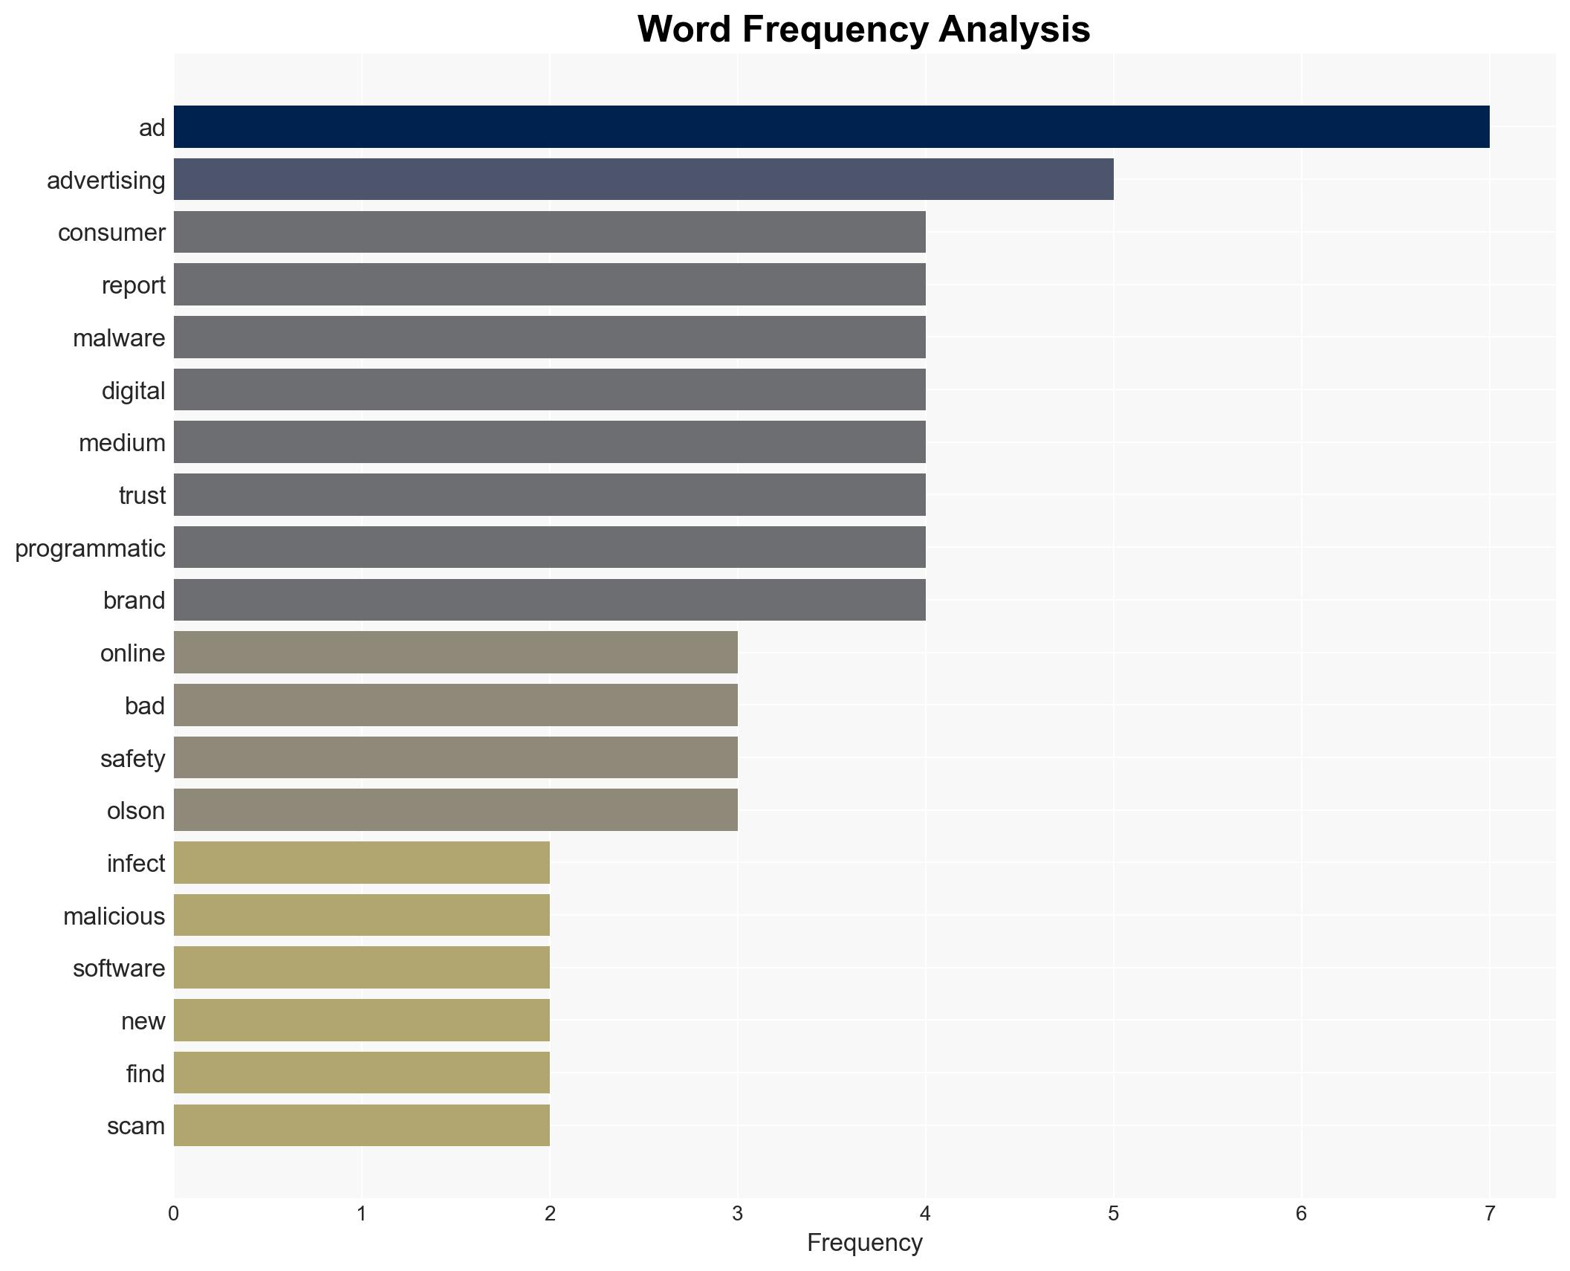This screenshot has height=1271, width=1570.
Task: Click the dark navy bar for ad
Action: coord(831,126)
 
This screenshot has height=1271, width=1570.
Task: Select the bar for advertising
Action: coord(643,179)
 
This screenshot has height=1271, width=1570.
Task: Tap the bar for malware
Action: coord(549,337)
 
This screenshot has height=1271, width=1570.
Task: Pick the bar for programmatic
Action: coord(549,547)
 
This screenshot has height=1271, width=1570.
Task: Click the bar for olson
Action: coord(455,809)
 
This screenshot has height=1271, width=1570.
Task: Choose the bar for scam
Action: coord(361,1125)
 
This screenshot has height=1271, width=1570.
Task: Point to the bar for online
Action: coord(455,652)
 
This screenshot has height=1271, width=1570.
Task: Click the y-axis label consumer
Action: coord(111,233)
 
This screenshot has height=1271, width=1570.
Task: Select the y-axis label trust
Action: coord(142,495)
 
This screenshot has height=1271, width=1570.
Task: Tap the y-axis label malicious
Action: coord(114,916)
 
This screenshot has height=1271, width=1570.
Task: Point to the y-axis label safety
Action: coord(132,758)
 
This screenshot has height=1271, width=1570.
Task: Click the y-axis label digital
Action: coord(133,390)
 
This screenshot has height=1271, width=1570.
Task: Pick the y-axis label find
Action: coord(145,1073)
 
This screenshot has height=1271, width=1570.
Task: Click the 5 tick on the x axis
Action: coord(1113,1214)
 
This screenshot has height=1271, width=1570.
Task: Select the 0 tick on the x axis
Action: coord(173,1214)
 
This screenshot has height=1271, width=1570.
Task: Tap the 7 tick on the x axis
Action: coord(1489,1214)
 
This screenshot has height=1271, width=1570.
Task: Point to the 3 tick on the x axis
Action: coord(737,1214)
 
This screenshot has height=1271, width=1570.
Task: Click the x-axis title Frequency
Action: coord(864,1242)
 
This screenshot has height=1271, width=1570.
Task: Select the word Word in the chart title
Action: coord(684,30)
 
